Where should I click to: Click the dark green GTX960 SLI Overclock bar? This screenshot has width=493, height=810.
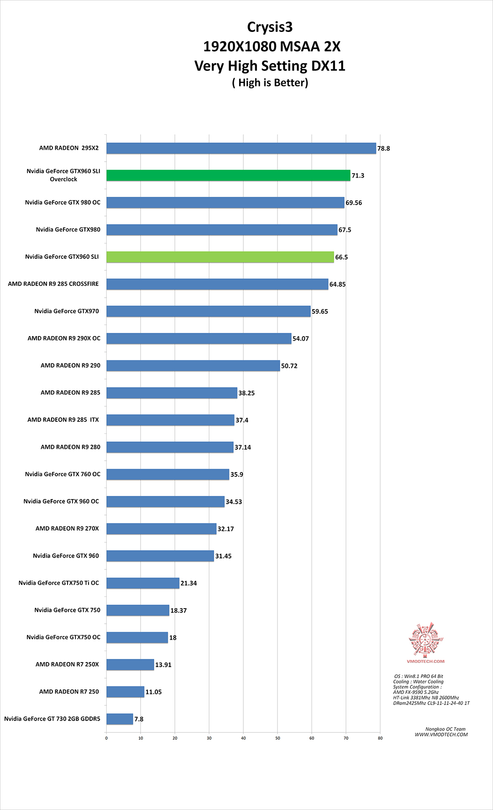click(228, 175)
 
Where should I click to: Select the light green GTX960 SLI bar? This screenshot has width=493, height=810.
click(220, 257)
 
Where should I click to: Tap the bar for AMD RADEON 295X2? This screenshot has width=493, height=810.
click(241, 148)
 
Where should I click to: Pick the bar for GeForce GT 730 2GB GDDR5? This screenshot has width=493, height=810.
click(120, 719)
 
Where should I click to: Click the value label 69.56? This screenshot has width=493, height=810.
click(354, 203)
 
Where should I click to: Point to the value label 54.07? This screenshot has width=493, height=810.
click(301, 339)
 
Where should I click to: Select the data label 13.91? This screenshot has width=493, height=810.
click(163, 665)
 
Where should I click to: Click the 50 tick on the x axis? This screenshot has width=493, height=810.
click(278, 738)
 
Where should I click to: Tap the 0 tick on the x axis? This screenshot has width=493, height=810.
click(106, 738)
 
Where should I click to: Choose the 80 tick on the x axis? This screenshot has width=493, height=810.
click(380, 738)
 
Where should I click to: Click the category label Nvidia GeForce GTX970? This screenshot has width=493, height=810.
click(67, 311)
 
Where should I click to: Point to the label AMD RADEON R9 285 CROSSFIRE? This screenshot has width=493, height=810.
click(53, 284)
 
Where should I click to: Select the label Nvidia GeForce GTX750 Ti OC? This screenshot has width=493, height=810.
click(59, 583)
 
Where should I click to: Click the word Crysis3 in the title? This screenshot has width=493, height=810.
click(270, 27)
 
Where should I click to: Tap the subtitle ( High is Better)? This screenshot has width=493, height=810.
click(270, 83)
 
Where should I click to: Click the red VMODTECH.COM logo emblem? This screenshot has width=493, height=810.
click(425, 639)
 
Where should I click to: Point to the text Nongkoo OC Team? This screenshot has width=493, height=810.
click(446, 729)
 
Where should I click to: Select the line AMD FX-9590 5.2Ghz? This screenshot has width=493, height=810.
click(416, 692)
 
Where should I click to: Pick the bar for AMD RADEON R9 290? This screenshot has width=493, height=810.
click(193, 366)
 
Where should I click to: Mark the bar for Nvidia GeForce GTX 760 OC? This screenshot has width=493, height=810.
click(168, 474)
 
